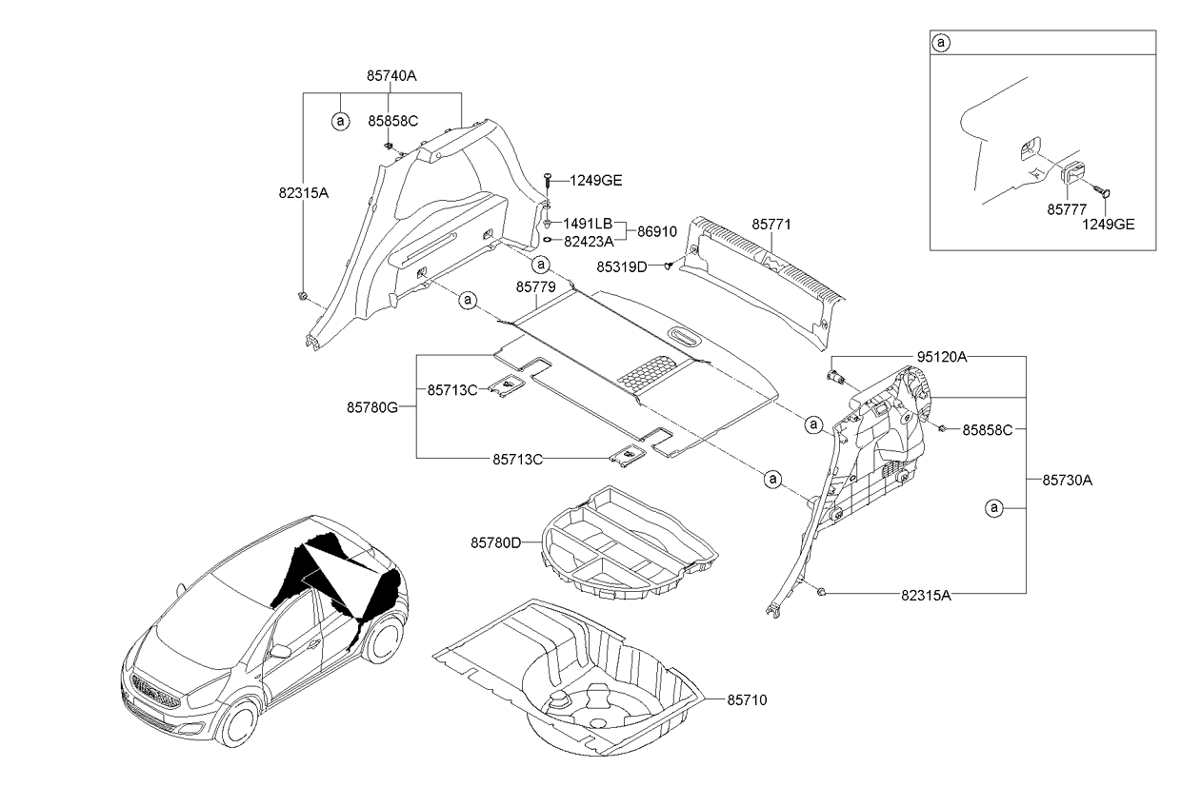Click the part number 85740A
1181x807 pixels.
click(x=391, y=75)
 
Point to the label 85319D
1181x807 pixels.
click(x=623, y=267)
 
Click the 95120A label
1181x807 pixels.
click(x=942, y=357)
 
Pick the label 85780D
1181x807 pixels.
click(x=495, y=542)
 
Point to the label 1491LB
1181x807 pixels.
click(x=588, y=223)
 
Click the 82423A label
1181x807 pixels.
click(x=588, y=242)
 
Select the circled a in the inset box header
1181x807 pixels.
click(x=941, y=43)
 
